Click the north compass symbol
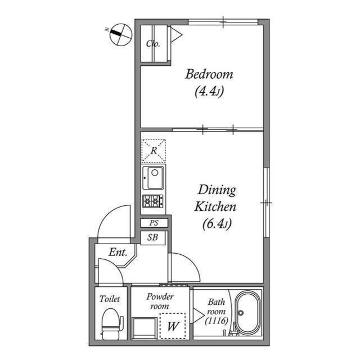121,34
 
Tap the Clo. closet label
153,43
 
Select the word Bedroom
209,74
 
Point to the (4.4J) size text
209,92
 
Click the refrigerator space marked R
154,151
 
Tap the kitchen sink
153,178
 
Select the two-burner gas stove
153,201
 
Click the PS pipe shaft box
154,223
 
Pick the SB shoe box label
152,237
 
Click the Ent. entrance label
118,253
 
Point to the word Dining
217,191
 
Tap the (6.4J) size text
217,224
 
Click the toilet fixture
111,324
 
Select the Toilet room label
110,299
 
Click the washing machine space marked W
173,326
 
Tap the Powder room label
160,301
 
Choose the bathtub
248,313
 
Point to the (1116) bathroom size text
217,321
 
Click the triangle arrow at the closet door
176,35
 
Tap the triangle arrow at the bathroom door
198,316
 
